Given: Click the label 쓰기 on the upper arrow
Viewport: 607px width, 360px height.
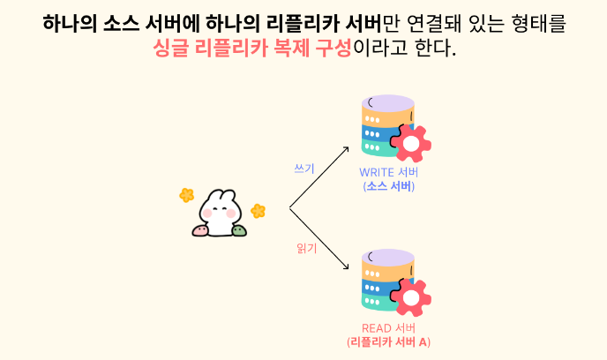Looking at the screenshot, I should click(303, 169).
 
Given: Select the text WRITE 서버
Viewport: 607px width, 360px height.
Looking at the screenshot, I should click(388, 172).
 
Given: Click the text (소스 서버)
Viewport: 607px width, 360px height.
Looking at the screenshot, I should click(388, 186).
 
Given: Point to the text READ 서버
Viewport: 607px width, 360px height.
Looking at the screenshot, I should click(388, 328).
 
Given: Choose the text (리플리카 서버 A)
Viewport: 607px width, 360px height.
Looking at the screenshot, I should click(388, 342).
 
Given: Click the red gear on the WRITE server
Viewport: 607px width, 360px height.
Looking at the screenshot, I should click(410, 143).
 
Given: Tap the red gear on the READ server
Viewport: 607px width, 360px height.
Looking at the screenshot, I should click(410, 297).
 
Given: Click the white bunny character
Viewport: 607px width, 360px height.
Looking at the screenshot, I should click(219, 212).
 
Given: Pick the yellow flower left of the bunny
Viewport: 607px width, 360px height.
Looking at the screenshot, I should click(187, 195).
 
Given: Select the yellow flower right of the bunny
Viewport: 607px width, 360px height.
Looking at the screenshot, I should click(258, 211).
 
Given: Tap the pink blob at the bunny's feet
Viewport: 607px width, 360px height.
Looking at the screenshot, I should click(201, 231).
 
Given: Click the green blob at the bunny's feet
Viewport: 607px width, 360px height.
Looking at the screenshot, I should click(238, 231).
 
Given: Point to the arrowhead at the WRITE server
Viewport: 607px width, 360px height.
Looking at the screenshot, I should click(346, 151).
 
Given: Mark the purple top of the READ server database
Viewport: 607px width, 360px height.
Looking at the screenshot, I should click(388, 257).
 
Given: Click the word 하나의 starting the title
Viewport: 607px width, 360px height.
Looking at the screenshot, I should click(70, 22).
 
